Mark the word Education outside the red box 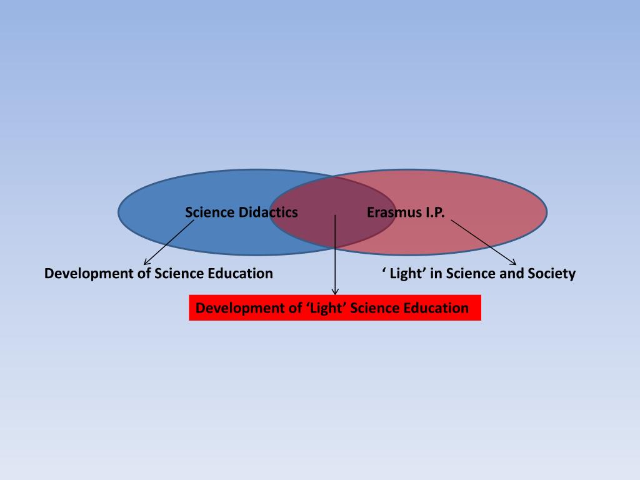tap(241, 274)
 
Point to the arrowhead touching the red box tap(335, 291)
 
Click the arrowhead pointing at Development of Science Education tap(147, 262)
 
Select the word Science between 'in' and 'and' tap(470, 274)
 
